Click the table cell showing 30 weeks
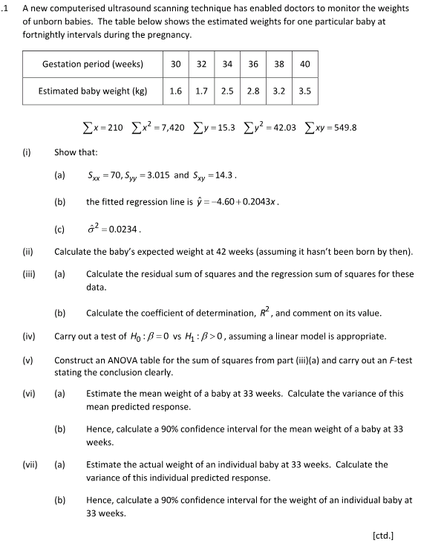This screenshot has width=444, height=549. tap(176, 64)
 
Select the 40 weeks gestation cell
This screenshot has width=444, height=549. tap(304, 64)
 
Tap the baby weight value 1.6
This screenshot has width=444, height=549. tap(176, 92)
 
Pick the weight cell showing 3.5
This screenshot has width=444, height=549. tap(304, 92)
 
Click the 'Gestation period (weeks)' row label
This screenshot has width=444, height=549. tap(93, 64)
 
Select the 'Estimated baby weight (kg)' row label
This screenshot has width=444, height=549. tap(93, 92)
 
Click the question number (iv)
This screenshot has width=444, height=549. tap(29, 336)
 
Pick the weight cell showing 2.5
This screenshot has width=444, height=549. tap(227, 92)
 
